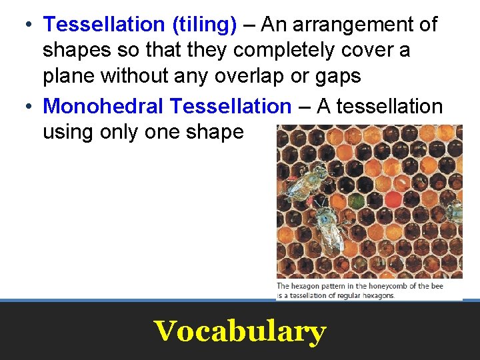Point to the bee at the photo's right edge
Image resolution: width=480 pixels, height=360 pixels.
click(x=455, y=211)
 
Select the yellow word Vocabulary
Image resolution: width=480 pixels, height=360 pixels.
click(x=240, y=330)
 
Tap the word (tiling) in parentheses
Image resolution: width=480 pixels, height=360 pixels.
click(x=204, y=25)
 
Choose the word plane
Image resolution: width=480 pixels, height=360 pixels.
click(x=69, y=77)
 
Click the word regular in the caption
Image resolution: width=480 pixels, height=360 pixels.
click(x=348, y=295)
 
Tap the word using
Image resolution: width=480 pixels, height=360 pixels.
click(x=69, y=132)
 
